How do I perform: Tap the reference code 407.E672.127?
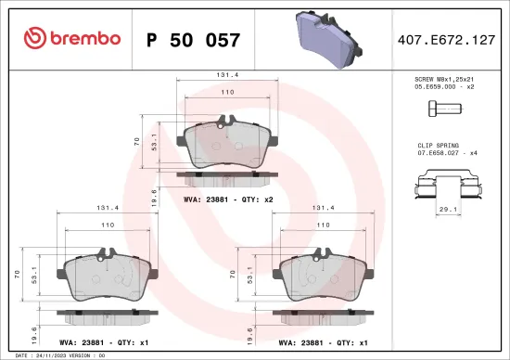pos(445,40)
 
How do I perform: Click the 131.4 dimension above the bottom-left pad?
pos(107,209)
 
